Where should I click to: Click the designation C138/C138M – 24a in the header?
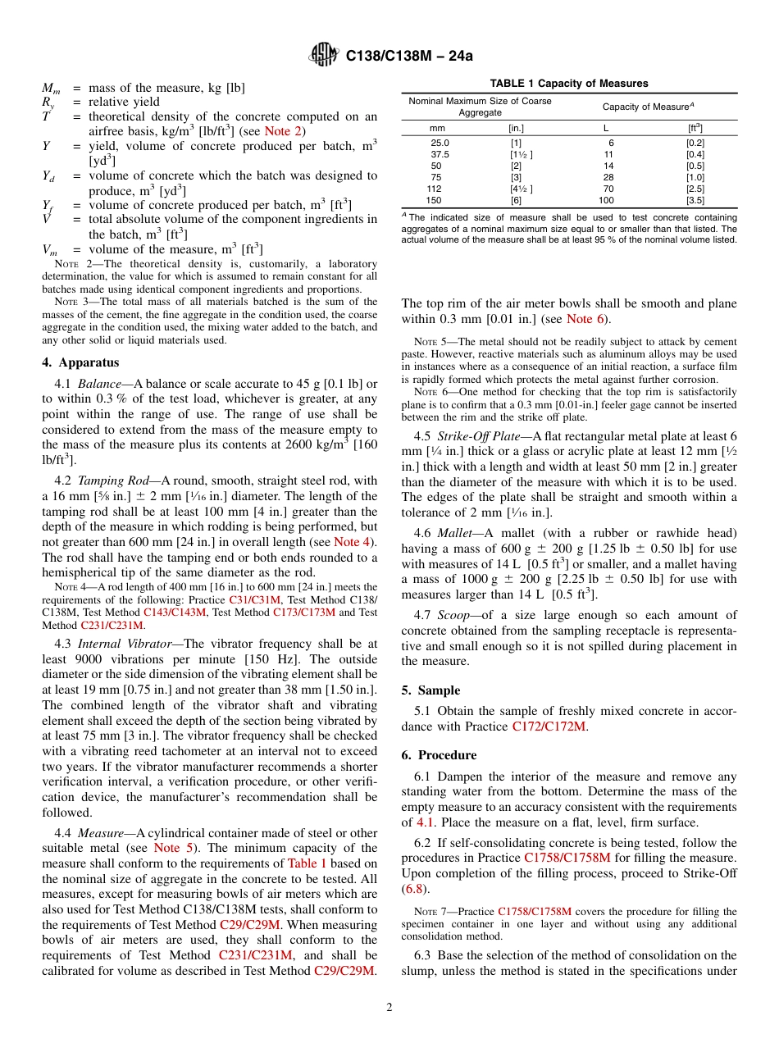pyautogui.click(x=409, y=57)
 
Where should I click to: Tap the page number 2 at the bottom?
pyautogui.click(x=389, y=1007)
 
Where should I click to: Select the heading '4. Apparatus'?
pyautogui.click(x=80, y=362)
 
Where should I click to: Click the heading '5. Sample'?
pyautogui.click(x=430, y=690)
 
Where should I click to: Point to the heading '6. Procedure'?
pyautogui.click(x=439, y=754)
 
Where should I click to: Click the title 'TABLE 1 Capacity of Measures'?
pyautogui.click(x=569, y=84)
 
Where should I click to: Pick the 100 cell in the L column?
pyautogui.click(x=605, y=200)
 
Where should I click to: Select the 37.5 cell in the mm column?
pyautogui.click(x=439, y=154)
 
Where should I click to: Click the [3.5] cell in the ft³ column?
pyautogui.click(x=695, y=200)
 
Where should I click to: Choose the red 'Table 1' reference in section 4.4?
pyautogui.click(x=307, y=863)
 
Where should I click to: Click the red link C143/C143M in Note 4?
pyautogui.click(x=171, y=612)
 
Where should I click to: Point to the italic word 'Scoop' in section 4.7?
pyautogui.click(x=454, y=615)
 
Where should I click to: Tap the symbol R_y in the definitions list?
pyautogui.click(x=48, y=102)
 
